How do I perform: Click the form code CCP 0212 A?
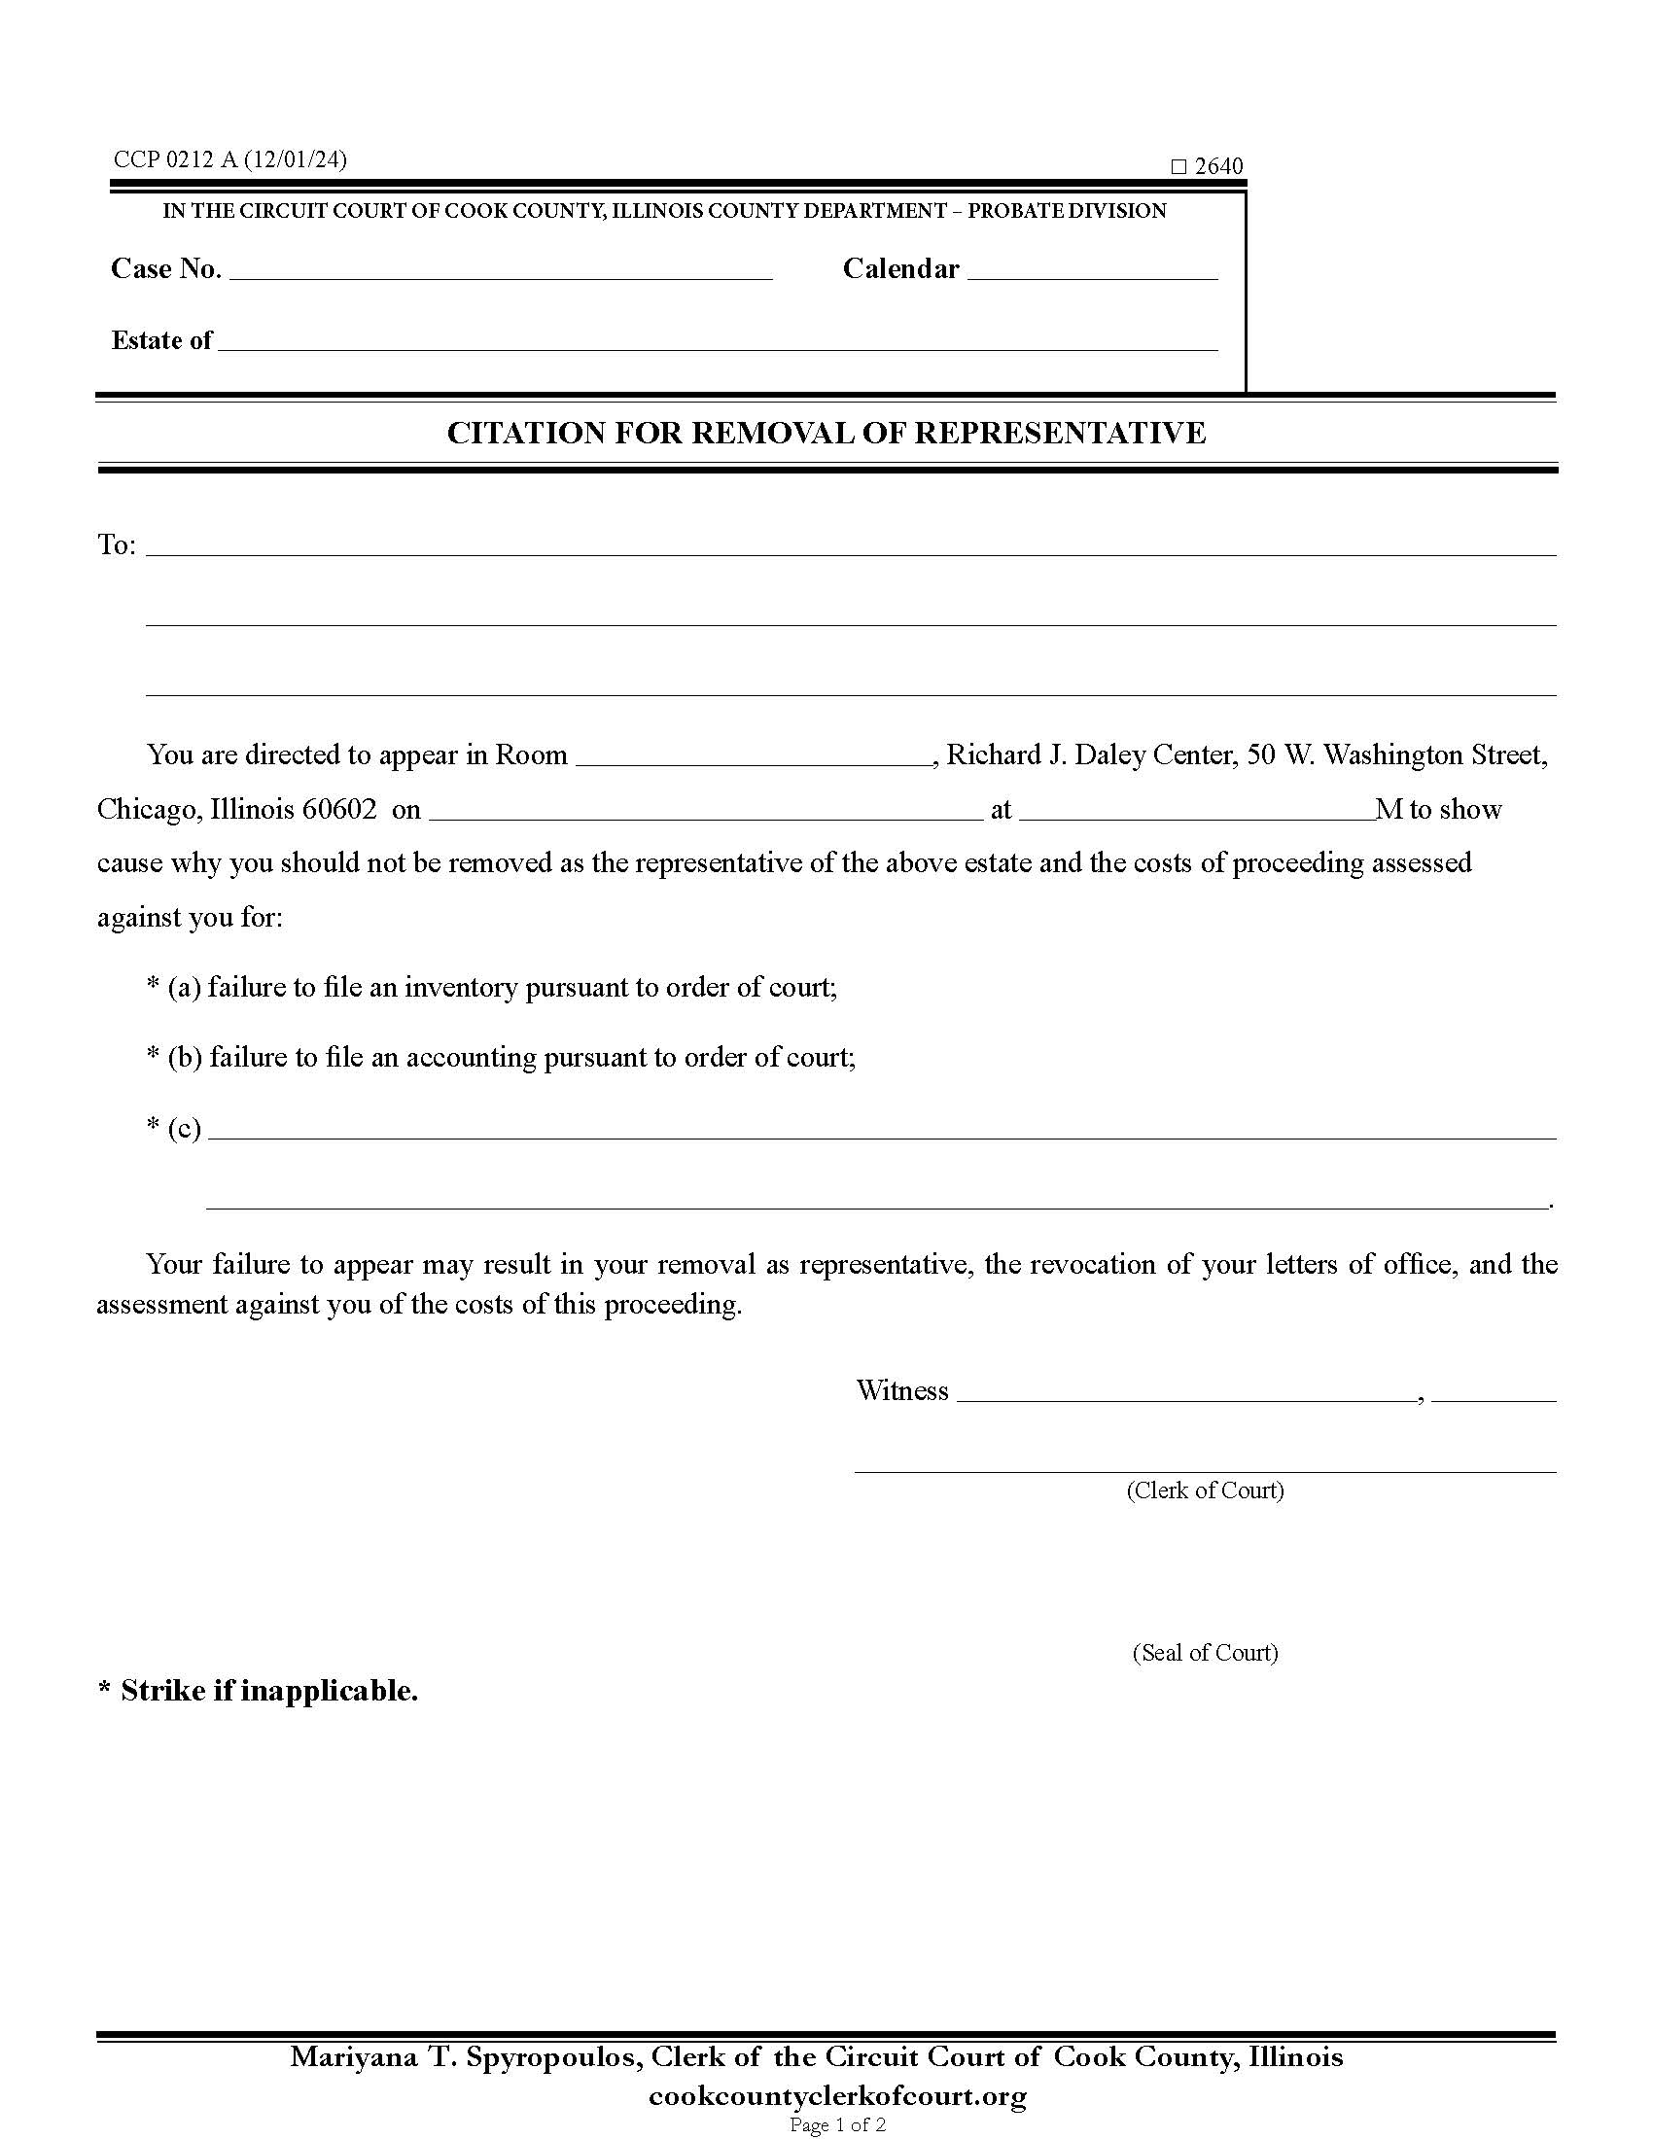coord(175,159)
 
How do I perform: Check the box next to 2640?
coord(1179,167)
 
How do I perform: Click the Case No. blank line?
coord(501,271)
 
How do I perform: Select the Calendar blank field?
coord(1092,271)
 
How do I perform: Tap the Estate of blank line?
coord(717,342)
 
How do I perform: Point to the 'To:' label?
coord(117,545)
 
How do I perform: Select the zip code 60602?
coord(338,810)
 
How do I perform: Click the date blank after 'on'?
coord(705,811)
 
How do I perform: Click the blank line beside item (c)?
coord(881,1130)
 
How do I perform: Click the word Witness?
coord(902,1391)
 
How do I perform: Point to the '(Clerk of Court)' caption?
coord(1205,1490)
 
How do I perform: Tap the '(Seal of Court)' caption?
coord(1205,1653)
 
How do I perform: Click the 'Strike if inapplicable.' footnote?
coord(268,1692)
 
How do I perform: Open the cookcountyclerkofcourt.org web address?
coord(837,2096)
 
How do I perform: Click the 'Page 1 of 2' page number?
coord(837,2124)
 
